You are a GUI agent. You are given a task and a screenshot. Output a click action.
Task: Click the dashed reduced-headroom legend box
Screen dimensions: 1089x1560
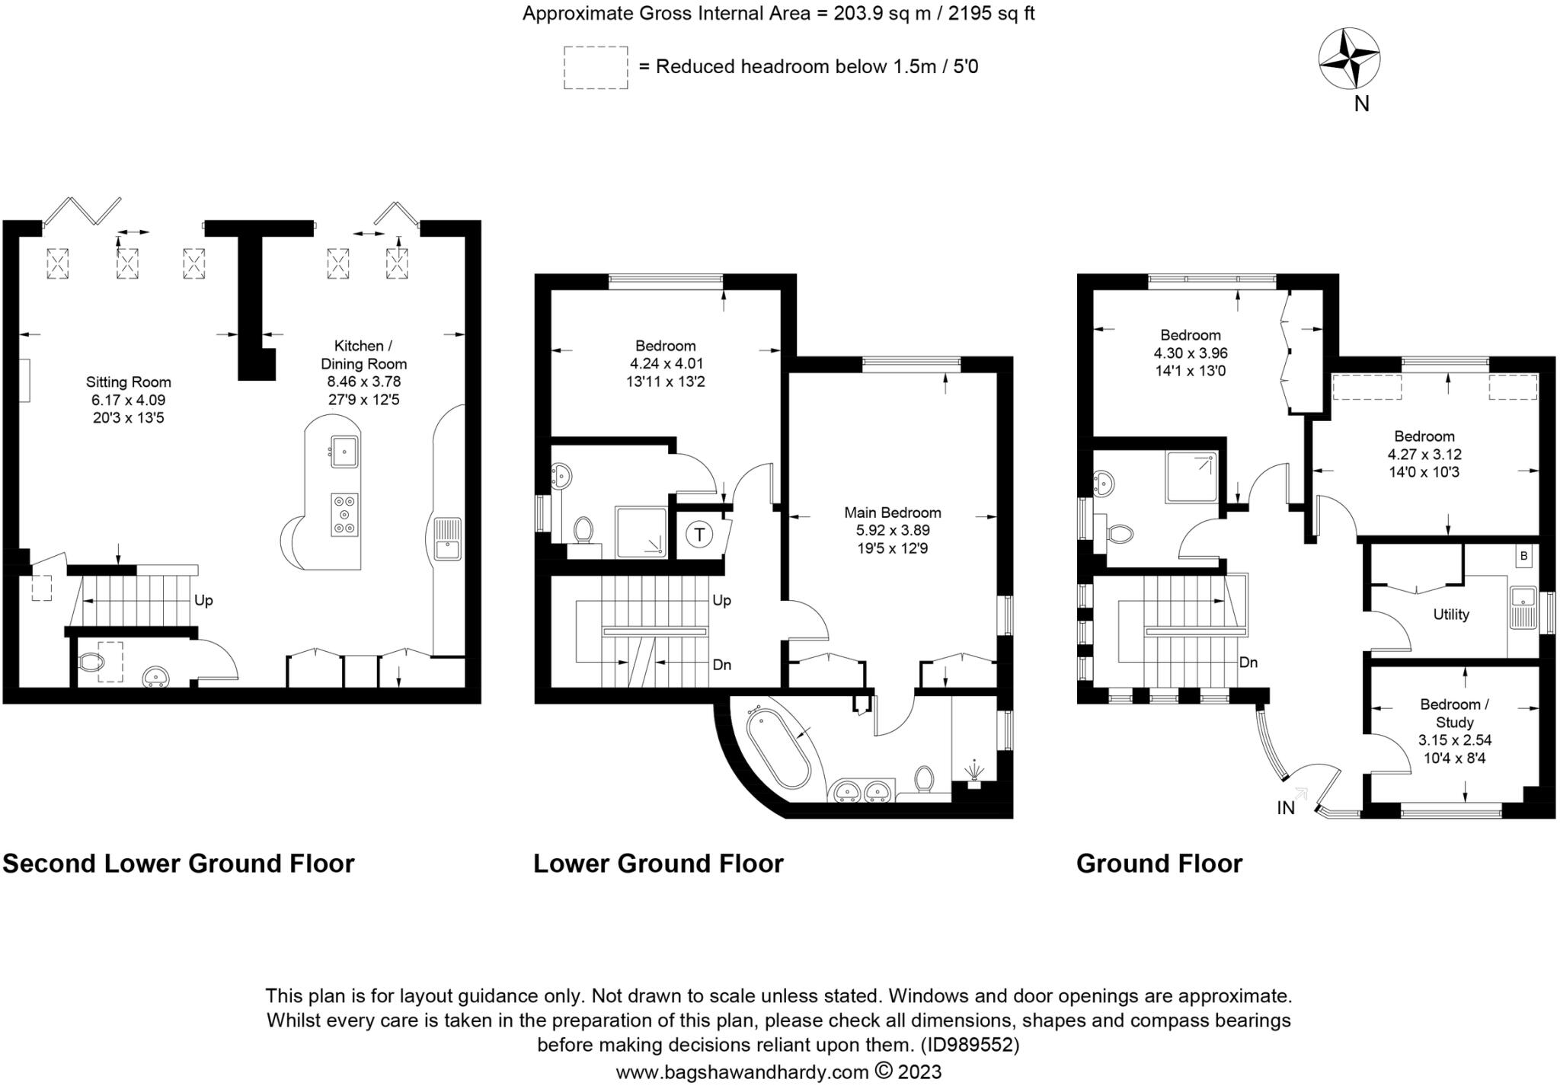(596, 68)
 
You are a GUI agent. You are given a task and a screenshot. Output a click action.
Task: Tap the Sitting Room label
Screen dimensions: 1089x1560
(128, 382)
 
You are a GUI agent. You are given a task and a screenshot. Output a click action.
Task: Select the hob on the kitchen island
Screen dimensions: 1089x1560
(344, 515)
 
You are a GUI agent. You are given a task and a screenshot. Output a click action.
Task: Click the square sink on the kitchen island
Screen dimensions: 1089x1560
(344, 452)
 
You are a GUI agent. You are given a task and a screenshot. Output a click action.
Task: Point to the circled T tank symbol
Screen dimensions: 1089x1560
(698, 535)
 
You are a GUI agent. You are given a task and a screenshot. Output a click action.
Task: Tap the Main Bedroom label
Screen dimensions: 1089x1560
(892, 513)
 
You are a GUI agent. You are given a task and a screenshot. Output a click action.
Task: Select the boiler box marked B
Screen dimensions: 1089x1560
(1523, 556)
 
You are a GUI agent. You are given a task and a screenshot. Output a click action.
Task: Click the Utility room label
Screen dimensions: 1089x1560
(1450, 615)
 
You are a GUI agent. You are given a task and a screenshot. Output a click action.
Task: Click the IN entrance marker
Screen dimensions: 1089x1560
(1286, 808)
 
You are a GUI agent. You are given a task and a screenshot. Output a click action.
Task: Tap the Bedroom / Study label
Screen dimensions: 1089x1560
(1454, 713)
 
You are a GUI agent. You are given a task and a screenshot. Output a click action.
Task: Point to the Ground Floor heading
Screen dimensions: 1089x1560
(1159, 864)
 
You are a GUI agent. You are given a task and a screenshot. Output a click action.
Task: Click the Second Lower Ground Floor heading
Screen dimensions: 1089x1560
(178, 864)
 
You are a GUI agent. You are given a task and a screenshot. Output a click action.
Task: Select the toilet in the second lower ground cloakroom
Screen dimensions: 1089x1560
(91, 663)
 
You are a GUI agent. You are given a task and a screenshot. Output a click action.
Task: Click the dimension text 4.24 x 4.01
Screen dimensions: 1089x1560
(665, 364)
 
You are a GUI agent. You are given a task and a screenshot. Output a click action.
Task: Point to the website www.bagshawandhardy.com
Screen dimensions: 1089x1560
(742, 1072)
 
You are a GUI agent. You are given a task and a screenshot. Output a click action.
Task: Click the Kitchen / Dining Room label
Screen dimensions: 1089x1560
(363, 354)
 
